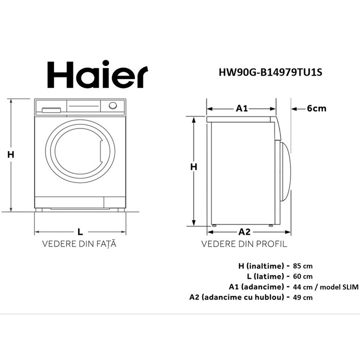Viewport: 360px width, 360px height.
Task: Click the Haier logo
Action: [97, 74]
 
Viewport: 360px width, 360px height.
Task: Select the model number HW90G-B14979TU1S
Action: [270, 71]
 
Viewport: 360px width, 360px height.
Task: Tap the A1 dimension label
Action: [242, 108]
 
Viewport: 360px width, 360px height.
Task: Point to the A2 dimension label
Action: [244, 231]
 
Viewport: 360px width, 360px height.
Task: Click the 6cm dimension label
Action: [316, 108]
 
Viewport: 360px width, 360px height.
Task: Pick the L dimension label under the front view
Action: [80, 231]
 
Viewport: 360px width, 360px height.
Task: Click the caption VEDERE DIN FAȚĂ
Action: [80, 244]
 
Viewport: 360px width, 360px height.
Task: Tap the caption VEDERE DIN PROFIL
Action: [244, 244]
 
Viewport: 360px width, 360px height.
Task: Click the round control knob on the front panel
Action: [113, 106]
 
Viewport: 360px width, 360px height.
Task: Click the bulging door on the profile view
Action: [285, 172]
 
